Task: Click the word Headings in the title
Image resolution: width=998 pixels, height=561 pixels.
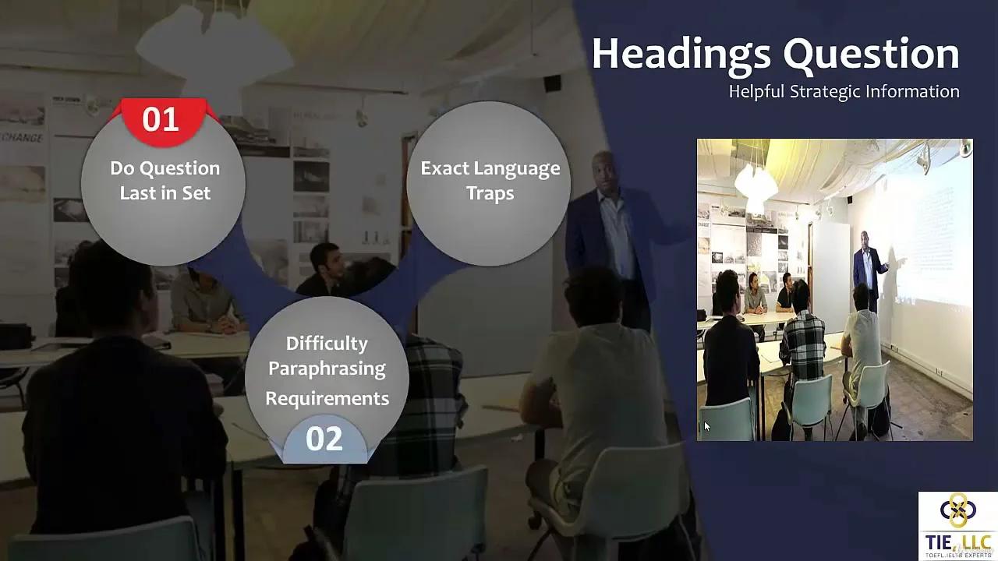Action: click(x=681, y=55)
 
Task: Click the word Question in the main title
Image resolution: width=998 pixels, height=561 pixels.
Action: click(x=871, y=55)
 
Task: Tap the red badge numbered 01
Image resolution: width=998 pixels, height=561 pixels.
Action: click(x=161, y=120)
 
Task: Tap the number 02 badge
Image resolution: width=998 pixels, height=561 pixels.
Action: click(x=324, y=439)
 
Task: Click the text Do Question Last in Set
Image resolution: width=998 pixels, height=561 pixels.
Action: click(x=165, y=181)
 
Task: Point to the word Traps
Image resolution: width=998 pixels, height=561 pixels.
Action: click(x=490, y=193)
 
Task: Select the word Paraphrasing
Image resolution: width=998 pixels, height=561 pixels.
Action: click(x=327, y=369)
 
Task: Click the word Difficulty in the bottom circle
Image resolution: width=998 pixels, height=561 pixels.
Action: click(x=327, y=344)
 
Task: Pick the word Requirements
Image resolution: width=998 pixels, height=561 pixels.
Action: click(x=327, y=399)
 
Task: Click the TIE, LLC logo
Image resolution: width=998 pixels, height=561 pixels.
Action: click(x=957, y=526)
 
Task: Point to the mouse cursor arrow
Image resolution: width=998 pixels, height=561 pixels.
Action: click(x=706, y=426)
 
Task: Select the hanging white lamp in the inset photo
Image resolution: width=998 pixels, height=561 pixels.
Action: click(x=755, y=183)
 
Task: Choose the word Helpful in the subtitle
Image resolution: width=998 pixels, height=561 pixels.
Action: click(x=756, y=92)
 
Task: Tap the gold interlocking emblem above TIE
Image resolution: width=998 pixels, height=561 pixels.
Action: click(x=957, y=510)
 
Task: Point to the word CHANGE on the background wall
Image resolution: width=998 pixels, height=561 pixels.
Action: click(x=22, y=138)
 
